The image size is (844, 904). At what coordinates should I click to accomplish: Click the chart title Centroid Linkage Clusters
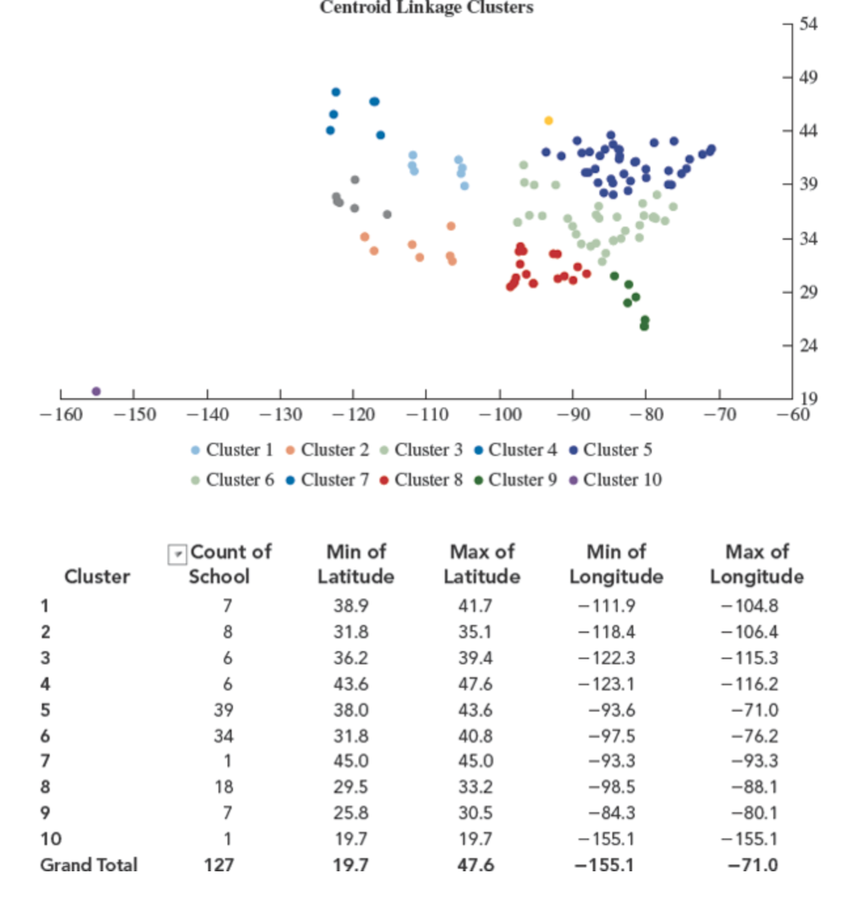[426, 8]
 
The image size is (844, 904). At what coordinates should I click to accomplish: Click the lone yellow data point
[549, 120]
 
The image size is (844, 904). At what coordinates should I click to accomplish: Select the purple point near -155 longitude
[96, 391]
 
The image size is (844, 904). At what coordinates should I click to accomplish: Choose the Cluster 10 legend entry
[615, 479]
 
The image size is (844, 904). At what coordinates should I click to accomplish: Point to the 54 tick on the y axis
[809, 24]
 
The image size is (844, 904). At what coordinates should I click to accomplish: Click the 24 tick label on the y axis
[809, 346]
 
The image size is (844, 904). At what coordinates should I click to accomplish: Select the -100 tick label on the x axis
[499, 413]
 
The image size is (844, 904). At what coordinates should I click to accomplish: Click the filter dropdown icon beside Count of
[177, 554]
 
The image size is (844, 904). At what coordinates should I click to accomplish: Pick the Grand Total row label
[89, 865]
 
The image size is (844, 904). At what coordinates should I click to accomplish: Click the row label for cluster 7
[46, 761]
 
